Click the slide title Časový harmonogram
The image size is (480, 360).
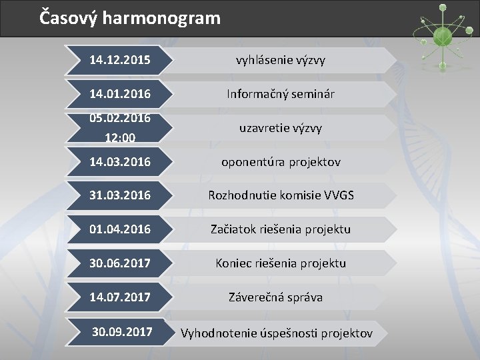(129, 17)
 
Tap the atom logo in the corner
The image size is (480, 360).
(440, 33)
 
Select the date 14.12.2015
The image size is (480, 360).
(120, 61)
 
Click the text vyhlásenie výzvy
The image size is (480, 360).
(280, 61)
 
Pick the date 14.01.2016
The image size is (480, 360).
(120, 94)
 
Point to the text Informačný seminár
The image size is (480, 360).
(281, 94)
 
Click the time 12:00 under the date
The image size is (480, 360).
(120, 137)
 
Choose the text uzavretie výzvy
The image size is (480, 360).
(281, 127)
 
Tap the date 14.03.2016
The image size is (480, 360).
(120, 162)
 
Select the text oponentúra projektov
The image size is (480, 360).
(281, 162)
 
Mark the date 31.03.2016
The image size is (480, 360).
(120, 195)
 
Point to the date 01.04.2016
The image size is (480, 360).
(120, 229)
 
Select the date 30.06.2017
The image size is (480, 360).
(120, 263)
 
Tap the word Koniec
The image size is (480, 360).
(233, 263)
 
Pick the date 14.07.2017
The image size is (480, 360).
(120, 297)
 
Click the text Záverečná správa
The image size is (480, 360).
(275, 297)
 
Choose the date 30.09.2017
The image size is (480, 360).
(122, 331)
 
